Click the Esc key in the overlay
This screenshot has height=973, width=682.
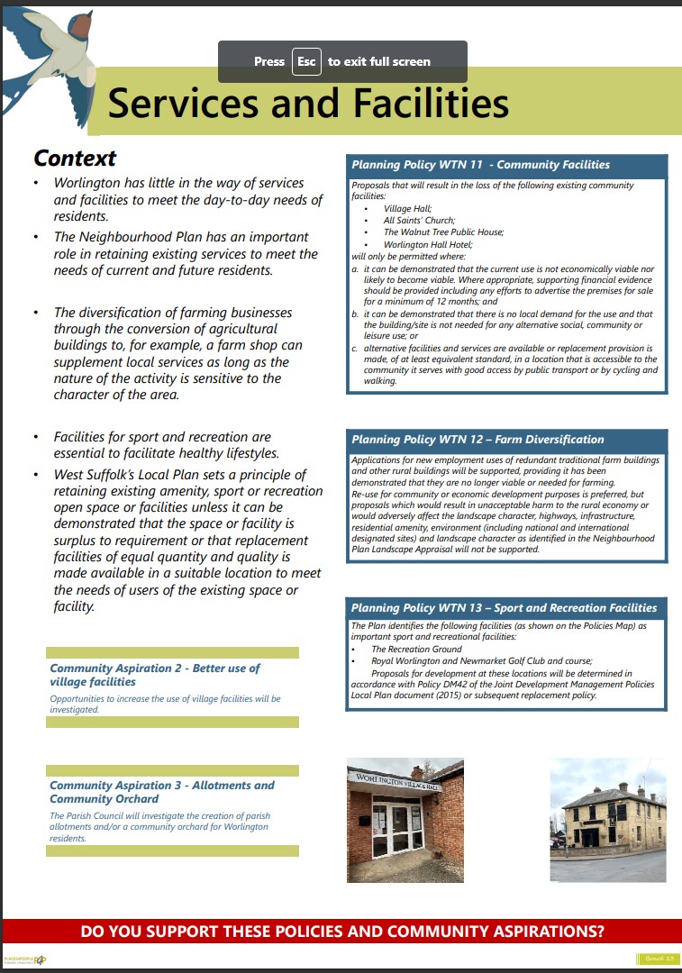click(306, 61)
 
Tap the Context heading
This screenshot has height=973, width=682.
click(75, 159)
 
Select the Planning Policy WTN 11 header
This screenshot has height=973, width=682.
click(480, 165)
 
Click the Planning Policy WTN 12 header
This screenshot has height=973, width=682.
click(477, 440)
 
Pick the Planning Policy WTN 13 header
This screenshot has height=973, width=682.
click(504, 608)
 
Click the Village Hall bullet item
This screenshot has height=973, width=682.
click(407, 208)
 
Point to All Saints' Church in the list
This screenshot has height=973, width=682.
click(419, 220)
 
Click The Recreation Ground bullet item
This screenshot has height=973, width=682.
click(416, 649)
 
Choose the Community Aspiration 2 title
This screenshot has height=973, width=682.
click(154, 675)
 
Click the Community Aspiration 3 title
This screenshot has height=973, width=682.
click(161, 792)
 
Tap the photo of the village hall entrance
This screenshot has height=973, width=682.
click(405, 820)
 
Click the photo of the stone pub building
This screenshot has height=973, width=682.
click(608, 819)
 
